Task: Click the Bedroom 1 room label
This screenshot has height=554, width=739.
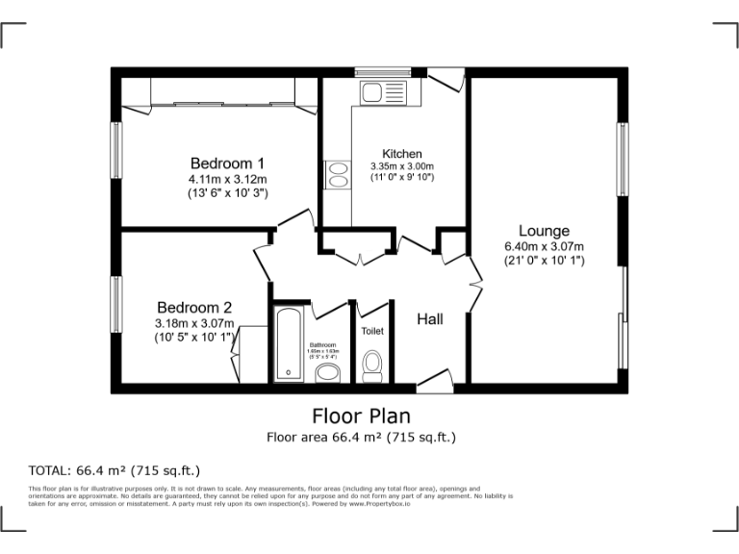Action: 227,163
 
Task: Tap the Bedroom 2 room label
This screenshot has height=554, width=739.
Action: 194,308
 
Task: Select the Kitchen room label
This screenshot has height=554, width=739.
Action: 401,154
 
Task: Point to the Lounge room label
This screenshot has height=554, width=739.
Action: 544,231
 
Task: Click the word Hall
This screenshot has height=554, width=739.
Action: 429,318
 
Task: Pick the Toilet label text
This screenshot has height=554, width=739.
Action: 371,331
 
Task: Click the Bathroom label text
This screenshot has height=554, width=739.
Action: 322,344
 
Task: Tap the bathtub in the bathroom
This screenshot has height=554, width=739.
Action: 289,344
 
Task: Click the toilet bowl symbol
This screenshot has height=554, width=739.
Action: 372,365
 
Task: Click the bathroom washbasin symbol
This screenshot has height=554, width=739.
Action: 328,372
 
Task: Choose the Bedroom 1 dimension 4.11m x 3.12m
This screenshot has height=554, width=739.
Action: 227,179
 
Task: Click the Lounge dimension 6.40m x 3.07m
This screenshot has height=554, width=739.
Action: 544,246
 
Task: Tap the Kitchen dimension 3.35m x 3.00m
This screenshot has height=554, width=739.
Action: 402,165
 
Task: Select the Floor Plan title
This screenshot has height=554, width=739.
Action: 361,416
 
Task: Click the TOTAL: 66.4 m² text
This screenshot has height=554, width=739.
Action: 115,470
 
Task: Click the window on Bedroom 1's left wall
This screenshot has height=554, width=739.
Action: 115,152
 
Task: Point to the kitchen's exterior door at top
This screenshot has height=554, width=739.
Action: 446,81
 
